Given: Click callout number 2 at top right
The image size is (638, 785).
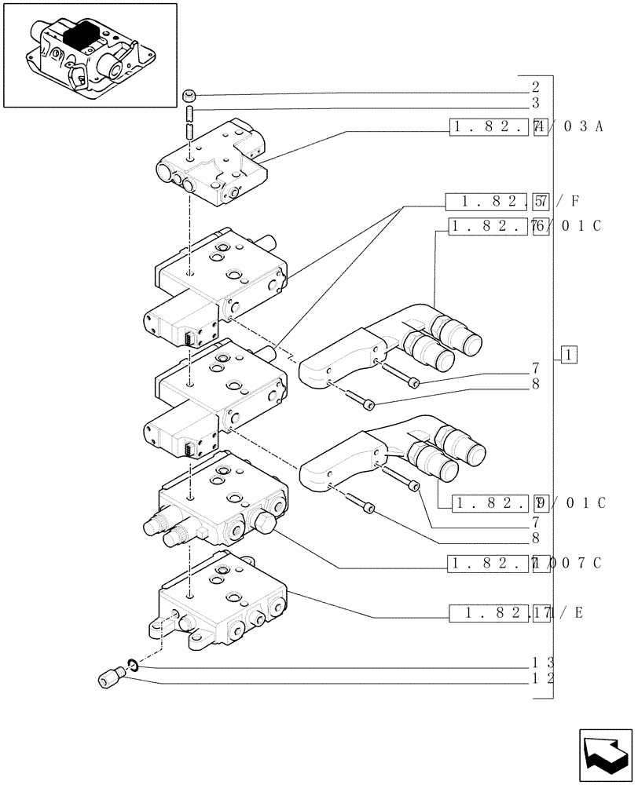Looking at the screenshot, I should [535, 88].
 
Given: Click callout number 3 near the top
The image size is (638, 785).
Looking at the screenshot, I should [535, 103].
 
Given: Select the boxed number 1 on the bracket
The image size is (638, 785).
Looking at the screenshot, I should [570, 355].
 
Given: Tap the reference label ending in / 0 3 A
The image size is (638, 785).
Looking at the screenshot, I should [525, 127].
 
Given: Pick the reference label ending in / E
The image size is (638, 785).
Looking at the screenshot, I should [515, 614].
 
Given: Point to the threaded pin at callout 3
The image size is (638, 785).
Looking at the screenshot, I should [189, 124].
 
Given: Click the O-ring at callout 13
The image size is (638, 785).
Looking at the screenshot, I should [134, 666].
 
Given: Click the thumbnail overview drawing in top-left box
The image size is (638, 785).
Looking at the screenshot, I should [90, 55].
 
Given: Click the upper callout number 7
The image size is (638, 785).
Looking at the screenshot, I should [535, 367].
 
